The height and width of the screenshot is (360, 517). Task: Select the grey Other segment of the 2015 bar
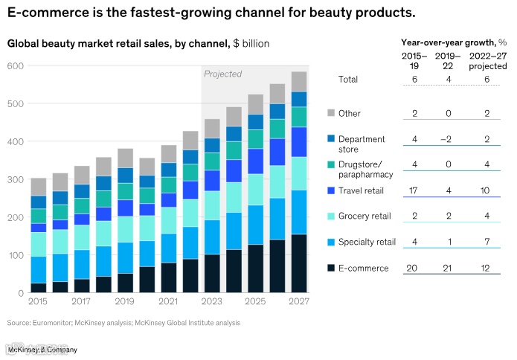pos(38,187)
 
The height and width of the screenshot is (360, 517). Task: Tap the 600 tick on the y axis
pos(16,66)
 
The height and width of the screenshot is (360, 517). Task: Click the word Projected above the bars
pos(223,74)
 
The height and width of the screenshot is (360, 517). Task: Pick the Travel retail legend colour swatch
pos(333,190)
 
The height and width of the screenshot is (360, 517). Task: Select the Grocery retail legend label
pos(364,216)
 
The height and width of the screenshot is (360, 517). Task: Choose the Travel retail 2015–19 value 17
pos(414,190)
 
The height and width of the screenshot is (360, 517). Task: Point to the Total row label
pos(348,80)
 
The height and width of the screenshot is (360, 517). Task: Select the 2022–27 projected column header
pos(487,60)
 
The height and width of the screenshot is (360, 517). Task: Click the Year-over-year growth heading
pos(453,42)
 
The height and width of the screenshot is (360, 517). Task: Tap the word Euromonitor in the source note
pos(55,323)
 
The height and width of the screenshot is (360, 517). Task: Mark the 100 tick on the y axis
pos(16,255)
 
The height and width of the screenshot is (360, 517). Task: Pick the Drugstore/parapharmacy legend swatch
pos(333,164)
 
